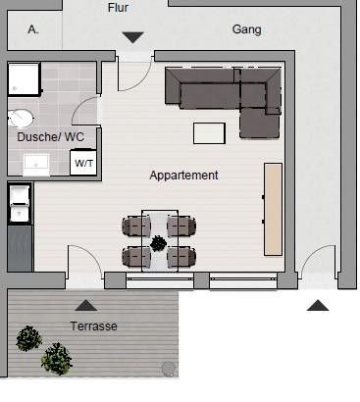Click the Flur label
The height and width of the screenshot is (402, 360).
118,7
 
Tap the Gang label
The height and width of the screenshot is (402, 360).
246,29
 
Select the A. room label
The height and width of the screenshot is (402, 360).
33,29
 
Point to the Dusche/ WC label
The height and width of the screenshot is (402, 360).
51,136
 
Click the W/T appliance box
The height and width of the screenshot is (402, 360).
83,163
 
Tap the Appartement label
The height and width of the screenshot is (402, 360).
183,176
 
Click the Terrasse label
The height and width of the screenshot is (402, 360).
94,327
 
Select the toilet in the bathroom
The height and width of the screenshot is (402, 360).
21,118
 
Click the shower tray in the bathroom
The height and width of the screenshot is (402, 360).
25,79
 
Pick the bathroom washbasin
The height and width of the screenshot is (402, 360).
36,163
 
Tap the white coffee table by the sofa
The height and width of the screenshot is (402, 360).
209,133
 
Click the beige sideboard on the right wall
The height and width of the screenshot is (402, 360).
273,209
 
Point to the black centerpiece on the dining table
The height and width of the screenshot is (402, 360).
159,243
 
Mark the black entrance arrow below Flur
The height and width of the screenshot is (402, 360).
133,37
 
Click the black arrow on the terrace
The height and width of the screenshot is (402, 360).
86,305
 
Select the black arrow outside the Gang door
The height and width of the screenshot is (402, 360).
318,305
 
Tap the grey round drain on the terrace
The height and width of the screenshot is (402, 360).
169,369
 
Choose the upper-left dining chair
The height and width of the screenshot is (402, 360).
136,226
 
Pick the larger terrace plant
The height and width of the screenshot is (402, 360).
57,359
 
